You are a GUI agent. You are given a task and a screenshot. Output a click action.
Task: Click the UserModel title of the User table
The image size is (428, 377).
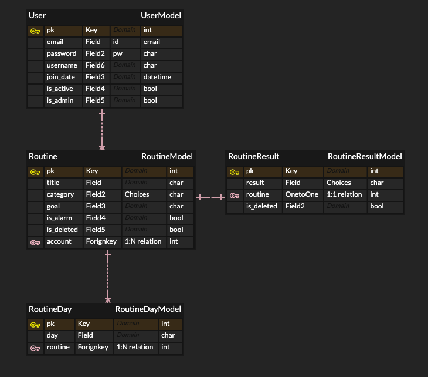(x=161, y=15)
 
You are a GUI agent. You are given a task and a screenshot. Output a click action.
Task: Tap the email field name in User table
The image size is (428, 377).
(x=55, y=42)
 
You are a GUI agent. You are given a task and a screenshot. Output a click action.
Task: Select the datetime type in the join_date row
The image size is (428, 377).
(x=157, y=77)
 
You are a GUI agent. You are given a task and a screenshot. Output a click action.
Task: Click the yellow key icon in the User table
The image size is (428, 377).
(x=35, y=30)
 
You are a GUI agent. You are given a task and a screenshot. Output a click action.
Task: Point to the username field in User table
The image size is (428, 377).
(x=62, y=65)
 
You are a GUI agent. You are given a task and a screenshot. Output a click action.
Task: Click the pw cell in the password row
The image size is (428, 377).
(x=118, y=53)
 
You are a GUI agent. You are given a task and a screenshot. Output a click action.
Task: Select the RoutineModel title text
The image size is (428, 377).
(x=167, y=156)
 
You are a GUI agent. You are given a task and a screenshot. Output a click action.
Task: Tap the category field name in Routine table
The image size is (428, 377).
(x=60, y=194)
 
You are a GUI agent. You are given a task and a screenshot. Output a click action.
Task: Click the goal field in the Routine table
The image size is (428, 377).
(x=53, y=206)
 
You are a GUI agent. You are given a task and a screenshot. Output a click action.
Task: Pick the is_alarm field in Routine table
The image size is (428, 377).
(x=59, y=218)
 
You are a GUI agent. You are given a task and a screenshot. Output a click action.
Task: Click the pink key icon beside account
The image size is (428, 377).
(x=35, y=241)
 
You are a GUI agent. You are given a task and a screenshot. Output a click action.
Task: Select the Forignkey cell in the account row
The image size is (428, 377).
(x=101, y=241)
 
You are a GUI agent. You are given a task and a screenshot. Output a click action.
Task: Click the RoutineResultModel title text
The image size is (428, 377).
(x=365, y=156)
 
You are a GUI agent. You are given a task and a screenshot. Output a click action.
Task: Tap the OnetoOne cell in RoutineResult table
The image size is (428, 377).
(x=302, y=194)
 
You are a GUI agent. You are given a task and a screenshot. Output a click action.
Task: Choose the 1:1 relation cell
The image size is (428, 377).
(x=344, y=194)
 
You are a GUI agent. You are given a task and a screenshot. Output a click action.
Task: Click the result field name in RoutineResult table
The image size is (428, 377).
(x=255, y=183)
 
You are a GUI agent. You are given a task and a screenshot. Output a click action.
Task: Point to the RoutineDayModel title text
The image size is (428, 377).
(x=148, y=309)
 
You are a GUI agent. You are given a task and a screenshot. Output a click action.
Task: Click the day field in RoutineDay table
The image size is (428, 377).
(x=52, y=335)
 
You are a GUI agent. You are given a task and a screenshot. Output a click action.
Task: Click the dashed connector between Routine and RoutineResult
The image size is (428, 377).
(x=210, y=197)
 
